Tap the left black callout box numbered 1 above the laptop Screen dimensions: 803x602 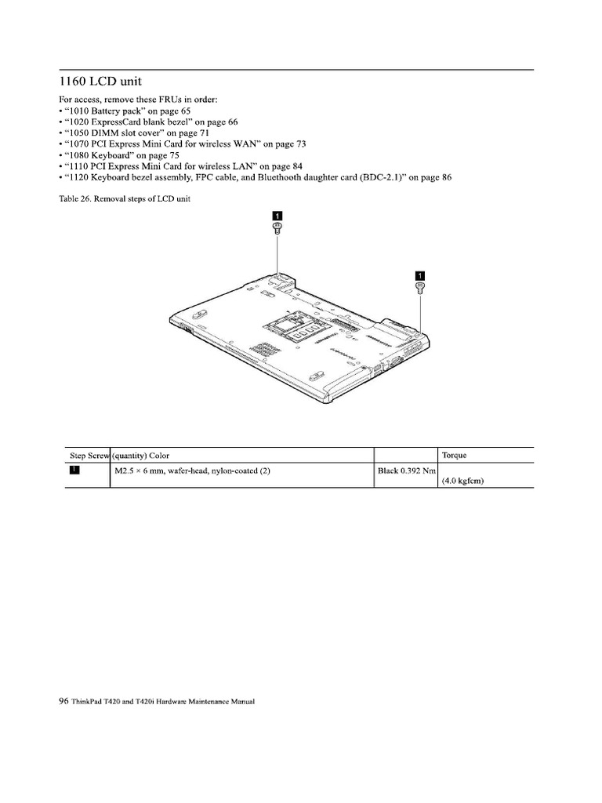[x=276, y=215]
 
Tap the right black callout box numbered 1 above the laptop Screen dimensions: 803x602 [x=419, y=275]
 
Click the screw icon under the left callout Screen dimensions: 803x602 [x=276, y=228]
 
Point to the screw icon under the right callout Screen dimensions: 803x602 [x=419, y=288]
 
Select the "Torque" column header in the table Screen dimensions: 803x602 [x=455, y=456]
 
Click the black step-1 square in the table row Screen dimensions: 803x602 [x=74, y=471]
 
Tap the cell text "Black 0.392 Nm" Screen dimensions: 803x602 [x=406, y=471]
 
